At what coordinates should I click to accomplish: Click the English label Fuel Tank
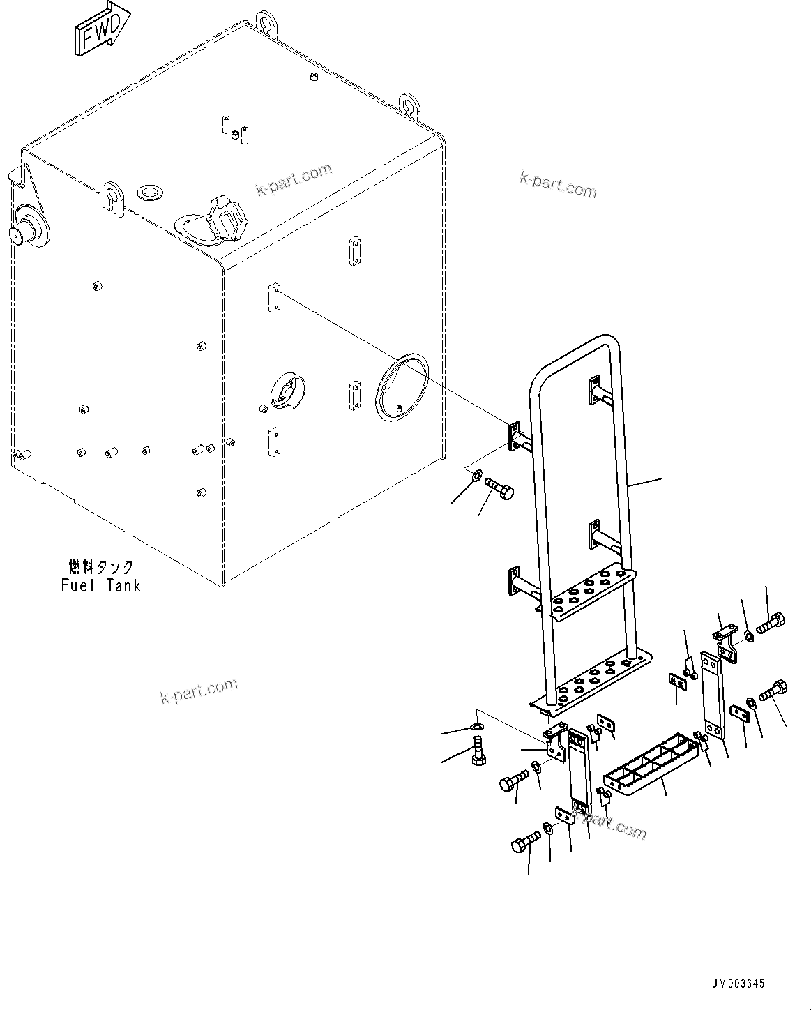tap(100, 585)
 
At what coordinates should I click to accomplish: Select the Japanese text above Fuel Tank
tap(101, 567)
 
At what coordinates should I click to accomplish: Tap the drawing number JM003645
tap(738, 983)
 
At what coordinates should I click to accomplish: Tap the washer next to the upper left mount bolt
tap(475, 477)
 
